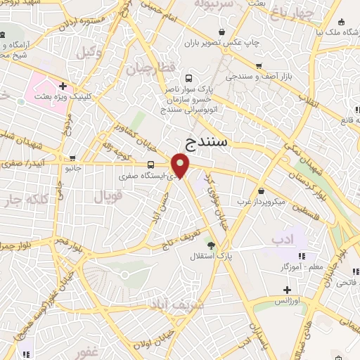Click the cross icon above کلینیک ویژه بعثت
[63, 86]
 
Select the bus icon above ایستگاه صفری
[150, 165]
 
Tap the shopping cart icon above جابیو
[72, 158]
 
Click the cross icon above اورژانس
[286, 290]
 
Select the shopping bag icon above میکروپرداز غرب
[262, 191]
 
